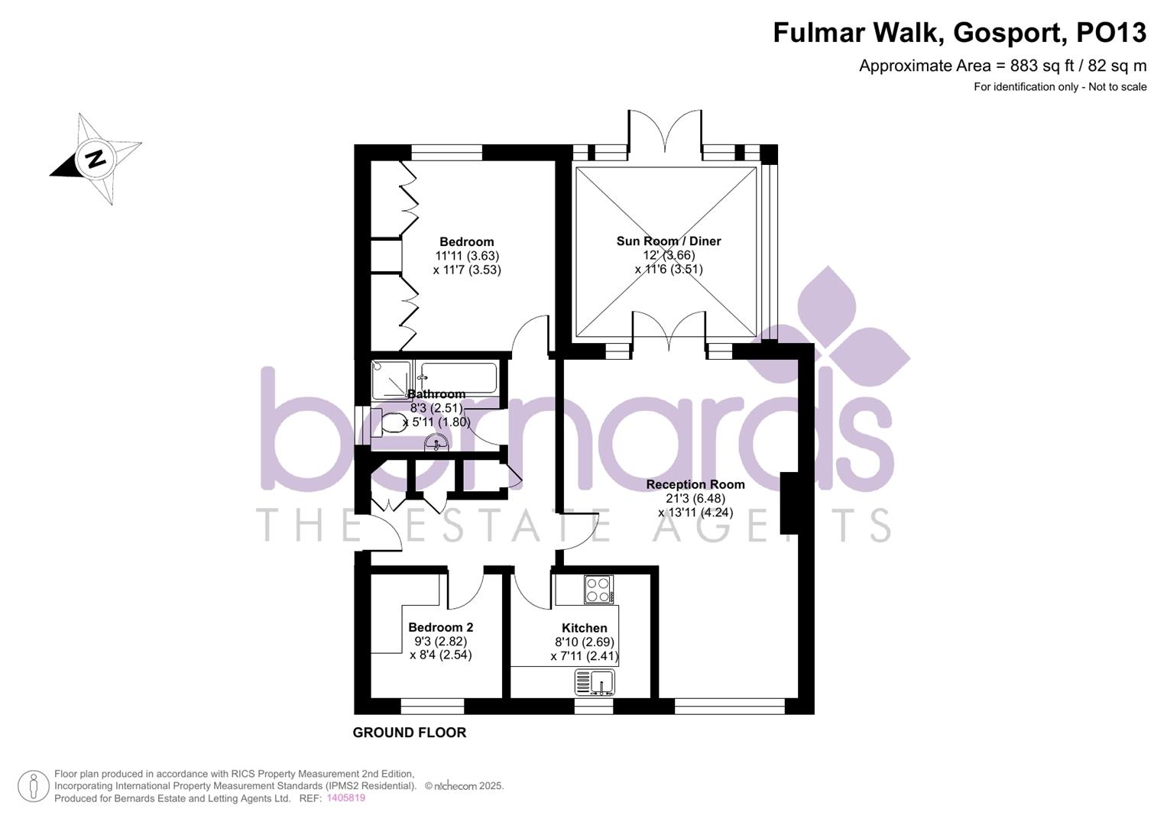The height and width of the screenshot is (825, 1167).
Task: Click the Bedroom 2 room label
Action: pyautogui.click(x=440, y=628)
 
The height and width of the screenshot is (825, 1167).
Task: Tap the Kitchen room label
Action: pyautogui.click(x=585, y=629)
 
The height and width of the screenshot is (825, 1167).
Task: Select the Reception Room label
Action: pyautogui.click(x=695, y=484)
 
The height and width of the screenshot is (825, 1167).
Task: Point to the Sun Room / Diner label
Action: pyautogui.click(x=669, y=241)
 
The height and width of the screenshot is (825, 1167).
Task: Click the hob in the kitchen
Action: pyautogui.click(x=598, y=589)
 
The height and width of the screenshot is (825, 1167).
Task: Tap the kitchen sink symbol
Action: pyautogui.click(x=595, y=681)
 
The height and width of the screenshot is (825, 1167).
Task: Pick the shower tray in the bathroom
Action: pyautogui.click(x=391, y=380)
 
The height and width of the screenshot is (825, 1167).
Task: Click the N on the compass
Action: pyautogui.click(x=96, y=159)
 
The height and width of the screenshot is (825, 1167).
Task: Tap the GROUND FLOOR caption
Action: pyautogui.click(x=409, y=733)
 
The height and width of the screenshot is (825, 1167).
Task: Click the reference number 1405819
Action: pyautogui.click(x=345, y=798)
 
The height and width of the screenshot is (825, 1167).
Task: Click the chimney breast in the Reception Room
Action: pyautogui.click(x=789, y=503)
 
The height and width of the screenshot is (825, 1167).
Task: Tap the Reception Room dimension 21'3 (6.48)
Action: pyautogui.click(x=695, y=499)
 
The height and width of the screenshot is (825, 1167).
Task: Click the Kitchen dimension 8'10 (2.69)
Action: pyautogui.click(x=585, y=642)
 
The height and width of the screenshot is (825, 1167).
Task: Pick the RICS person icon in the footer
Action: pyautogui.click(x=33, y=787)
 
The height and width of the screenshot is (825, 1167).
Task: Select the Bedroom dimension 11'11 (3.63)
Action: pyautogui.click(x=467, y=256)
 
